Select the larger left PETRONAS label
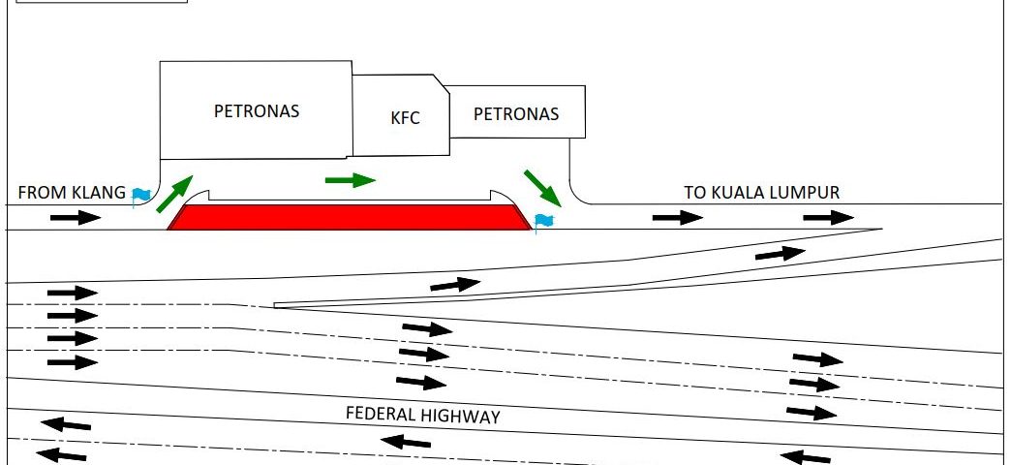tap(257, 110)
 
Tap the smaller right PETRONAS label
tap(516, 113)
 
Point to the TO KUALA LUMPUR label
tap(761, 192)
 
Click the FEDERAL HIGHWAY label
tap(423, 416)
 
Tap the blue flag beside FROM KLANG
tap(141, 196)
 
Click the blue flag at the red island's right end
tap(543, 223)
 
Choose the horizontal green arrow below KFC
tap(350, 179)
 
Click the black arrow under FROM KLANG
tap(76, 218)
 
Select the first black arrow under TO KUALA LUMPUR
tap(678, 218)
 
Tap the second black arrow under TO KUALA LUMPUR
tap(829, 218)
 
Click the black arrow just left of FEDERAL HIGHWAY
tap(66, 423)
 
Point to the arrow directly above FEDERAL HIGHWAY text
tap(421, 382)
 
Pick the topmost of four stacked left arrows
tap(73, 292)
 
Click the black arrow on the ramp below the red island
tap(455, 285)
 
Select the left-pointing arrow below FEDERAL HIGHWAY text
tap(406, 443)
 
